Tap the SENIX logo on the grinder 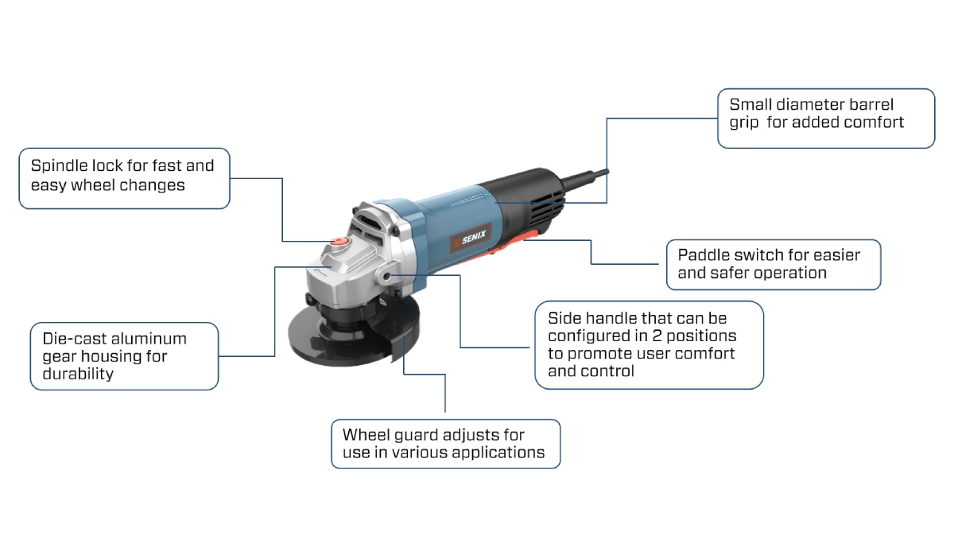(x=471, y=238)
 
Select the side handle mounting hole (x=386, y=277)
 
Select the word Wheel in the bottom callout (x=366, y=435)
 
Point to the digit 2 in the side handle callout (x=657, y=336)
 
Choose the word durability (x=78, y=374)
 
